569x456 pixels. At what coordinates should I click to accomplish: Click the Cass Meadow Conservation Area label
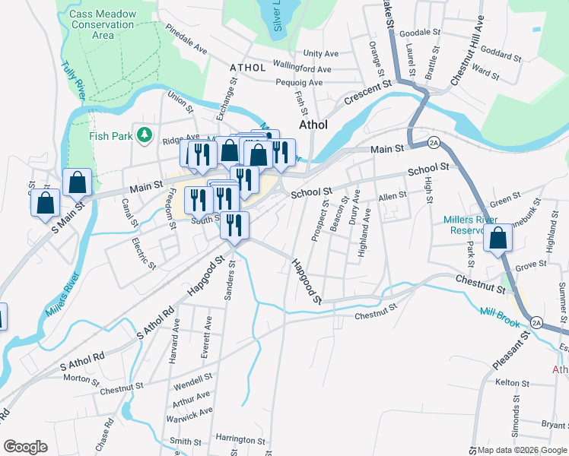pyautogui.click(x=101, y=24)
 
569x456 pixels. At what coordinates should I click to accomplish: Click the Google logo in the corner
pyautogui.click(x=25, y=447)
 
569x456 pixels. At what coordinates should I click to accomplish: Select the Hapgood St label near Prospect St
pyautogui.click(x=306, y=281)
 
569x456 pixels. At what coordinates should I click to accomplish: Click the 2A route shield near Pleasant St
pyautogui.click(x=537, y=322)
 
